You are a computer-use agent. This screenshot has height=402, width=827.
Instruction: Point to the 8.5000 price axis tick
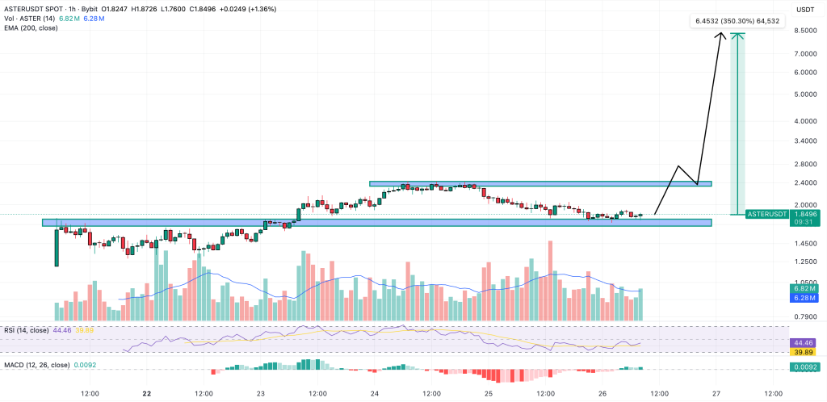[802, 31]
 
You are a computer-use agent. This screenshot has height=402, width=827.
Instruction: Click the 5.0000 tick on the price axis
[802, 94]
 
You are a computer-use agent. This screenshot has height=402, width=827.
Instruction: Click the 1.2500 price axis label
[802, 262]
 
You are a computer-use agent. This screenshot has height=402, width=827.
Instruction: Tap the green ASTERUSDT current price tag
[766, 214]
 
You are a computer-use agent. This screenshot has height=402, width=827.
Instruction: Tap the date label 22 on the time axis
[146, 395]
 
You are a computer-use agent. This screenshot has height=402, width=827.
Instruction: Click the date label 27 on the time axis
[716, 395]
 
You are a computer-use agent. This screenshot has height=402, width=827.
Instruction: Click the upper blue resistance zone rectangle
[540, 184]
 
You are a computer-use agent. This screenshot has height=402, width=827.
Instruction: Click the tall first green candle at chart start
[57, 247]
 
